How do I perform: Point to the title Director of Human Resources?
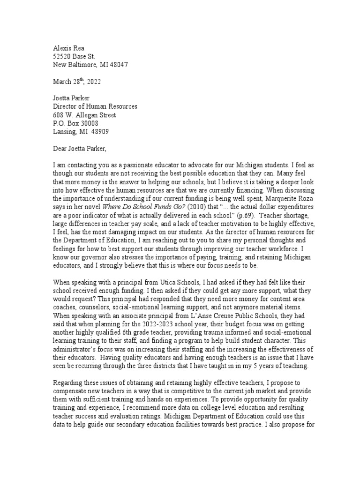pos(95,106)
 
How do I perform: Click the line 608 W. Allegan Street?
pos(84,115)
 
